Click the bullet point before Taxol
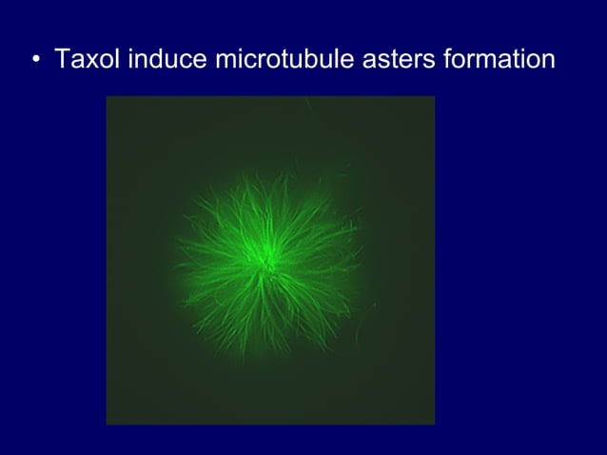point(36,61)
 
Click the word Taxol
point(87,59)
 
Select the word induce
point(167,59)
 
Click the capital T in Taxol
point(63,59)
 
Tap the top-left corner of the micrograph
point(107,97)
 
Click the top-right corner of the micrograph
point(435,97)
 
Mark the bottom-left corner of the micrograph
point(107,424)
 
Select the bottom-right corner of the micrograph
point(435,424)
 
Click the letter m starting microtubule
point(226,61)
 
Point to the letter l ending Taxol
point(118,59)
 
